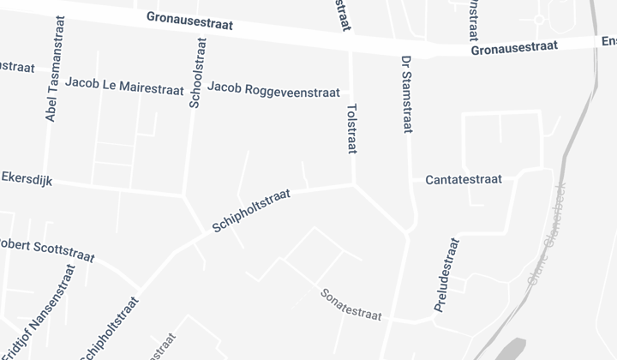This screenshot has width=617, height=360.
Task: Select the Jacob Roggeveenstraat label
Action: [273, 90]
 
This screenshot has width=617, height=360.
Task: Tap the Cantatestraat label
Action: [463, 179]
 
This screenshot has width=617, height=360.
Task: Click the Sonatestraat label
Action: [350, 303]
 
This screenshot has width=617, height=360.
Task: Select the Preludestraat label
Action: [448, 274]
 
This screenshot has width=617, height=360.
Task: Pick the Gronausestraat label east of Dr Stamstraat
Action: [514, 48]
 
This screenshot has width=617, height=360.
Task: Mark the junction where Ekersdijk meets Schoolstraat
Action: [184, 196]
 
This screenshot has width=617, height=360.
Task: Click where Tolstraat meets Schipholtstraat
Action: [353, 183]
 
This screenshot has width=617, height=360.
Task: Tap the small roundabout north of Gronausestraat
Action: [540, 19]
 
